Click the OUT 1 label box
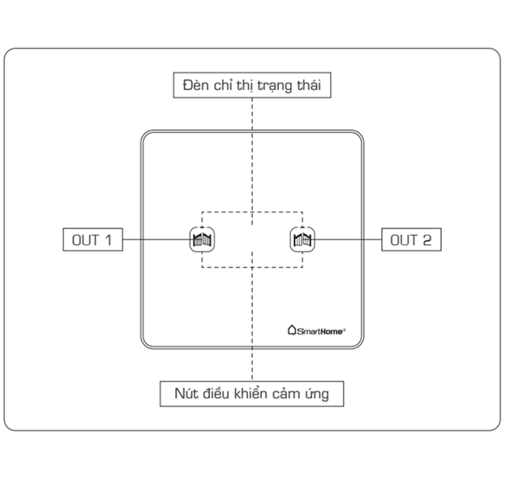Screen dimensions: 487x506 [x=92, y=239]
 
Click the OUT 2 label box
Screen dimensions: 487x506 [x=411, y=239]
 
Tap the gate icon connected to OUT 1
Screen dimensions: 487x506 [x=202, y=239]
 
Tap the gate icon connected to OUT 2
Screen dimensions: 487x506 [x=302, y=239]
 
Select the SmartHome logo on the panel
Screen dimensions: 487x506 [x=317, y=330]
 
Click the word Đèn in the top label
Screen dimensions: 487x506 [x=197, y=84]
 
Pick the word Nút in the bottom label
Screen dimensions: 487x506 [x=187, y=394]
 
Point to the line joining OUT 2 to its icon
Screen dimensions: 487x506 [x=349, y=239]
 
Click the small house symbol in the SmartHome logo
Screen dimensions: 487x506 [x=293, y=330]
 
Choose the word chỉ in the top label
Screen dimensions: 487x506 [x=225, y=84]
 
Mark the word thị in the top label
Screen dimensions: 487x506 [x=247, y=85]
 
